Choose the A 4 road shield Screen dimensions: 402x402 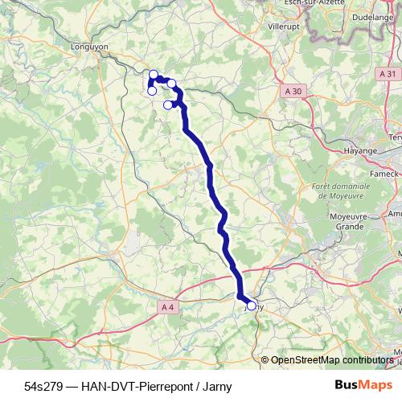(167, 306)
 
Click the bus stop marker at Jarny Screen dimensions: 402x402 (252, 306)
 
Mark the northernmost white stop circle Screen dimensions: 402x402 (154, 75)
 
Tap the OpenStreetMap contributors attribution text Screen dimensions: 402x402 (332, 359)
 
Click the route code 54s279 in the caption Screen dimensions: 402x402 (43, 384)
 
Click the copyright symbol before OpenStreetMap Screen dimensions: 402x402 (265, 359)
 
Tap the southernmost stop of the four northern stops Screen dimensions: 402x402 (168, 105)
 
